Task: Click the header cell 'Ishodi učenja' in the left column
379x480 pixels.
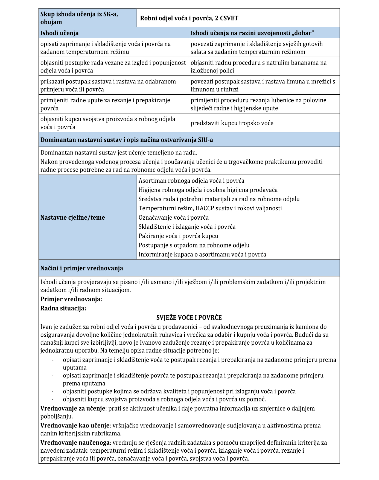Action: click(60, 33)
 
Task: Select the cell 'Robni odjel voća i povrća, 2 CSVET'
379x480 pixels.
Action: click(189, 18)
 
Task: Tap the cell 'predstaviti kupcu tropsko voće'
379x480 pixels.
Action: click(232, 123)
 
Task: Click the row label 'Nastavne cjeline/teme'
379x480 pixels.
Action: click(73, 218)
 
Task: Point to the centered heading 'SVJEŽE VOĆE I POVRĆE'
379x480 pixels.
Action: click(189, 318)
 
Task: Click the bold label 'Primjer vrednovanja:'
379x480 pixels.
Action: click(71, 299)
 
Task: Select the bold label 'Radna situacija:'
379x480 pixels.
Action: click(63, 309)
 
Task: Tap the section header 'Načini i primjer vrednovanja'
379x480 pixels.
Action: click(82, 268)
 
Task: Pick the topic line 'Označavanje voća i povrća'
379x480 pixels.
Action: click(174, 218)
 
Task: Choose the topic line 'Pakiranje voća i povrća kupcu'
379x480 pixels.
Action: click(178, 236)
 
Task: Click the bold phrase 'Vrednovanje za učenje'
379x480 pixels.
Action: click(73, 409)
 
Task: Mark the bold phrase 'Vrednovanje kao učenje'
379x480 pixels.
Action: click(75, 426)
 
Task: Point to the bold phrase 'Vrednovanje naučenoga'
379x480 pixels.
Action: click(75, 443)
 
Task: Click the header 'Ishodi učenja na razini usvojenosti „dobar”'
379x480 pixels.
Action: click(252, 33)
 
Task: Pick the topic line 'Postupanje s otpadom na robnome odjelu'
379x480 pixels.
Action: click(194, 245)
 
